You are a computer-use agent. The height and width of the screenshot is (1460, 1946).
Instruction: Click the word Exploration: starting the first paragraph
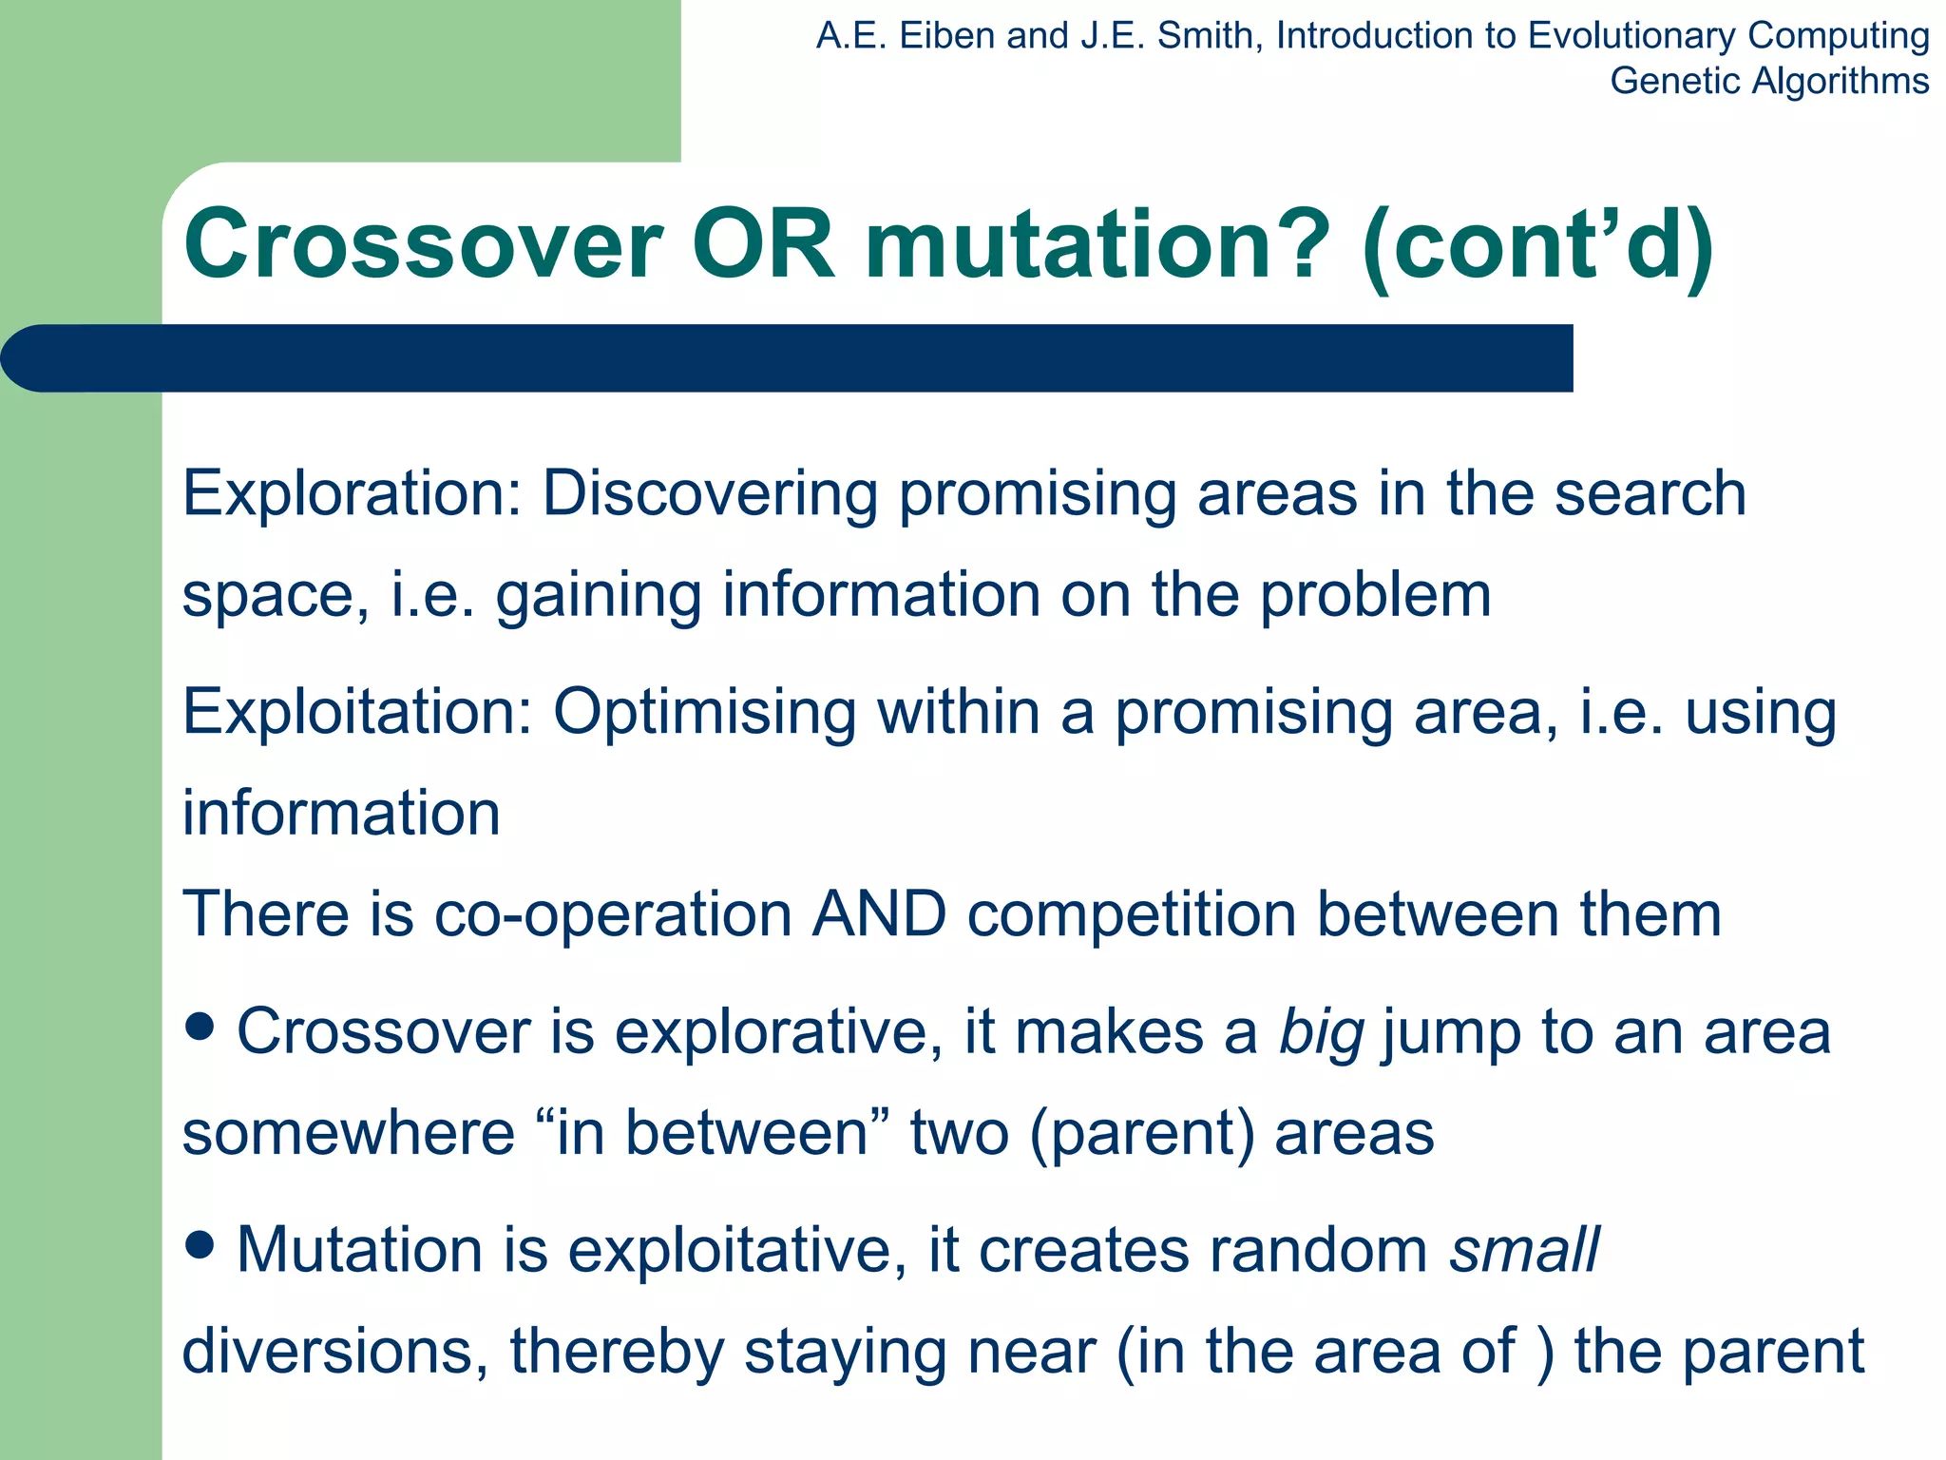352,493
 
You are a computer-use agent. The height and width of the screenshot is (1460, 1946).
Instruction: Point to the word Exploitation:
357,712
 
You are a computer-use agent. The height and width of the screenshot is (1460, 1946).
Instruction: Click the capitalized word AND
878,914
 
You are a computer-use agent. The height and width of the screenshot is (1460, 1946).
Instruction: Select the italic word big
1322,1033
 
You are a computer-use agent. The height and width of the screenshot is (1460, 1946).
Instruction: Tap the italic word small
1524,1250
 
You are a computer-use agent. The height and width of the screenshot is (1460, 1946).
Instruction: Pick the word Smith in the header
1204,36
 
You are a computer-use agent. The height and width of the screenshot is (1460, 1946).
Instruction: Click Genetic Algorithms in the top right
1768,81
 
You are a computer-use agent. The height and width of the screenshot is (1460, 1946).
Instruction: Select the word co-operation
613,914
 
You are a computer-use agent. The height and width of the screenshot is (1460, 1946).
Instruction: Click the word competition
1131,914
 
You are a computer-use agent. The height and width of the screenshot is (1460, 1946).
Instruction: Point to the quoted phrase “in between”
713,1133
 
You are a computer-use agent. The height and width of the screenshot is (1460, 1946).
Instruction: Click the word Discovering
709,493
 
